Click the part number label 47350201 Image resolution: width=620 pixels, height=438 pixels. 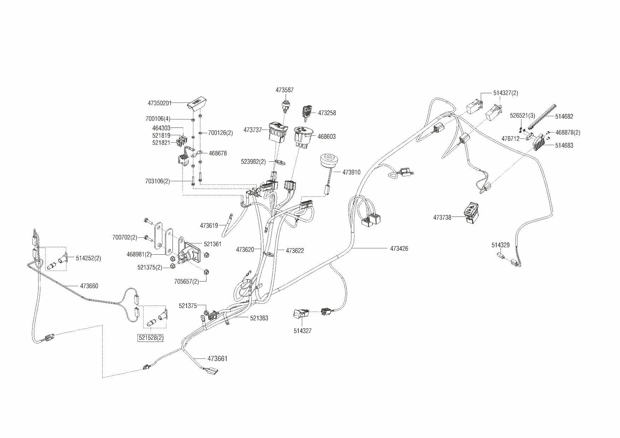[x=159, y=103]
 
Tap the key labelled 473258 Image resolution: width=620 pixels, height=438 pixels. [x=306, y=112]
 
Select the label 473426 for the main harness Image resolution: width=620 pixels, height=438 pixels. [x=399, y=249]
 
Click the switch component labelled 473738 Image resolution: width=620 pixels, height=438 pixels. [x=471, y=213]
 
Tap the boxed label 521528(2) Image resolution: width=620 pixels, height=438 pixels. [x=151, y=338]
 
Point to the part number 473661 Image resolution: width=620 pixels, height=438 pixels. [x=217, y=359]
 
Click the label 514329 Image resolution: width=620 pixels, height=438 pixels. [x=501, y=245]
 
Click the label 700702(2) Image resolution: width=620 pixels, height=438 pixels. [x=124, y=237]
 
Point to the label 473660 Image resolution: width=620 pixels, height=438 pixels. [x=89, y=286]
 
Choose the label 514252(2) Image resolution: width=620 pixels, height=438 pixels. [x=88, y=258]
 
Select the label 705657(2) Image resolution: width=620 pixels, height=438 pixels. [x=187, y=282]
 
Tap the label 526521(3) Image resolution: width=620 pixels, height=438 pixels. [x=522, y=116]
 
